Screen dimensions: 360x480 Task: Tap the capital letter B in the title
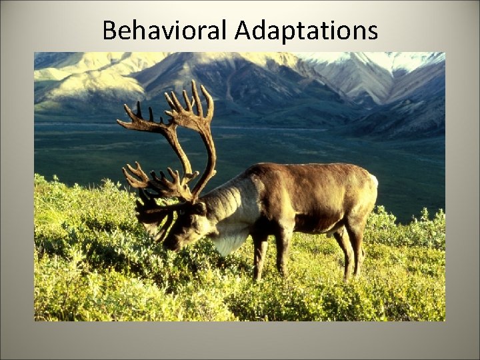click(x=110, y=31)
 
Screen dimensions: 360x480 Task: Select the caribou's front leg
click(x=260, y=257)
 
